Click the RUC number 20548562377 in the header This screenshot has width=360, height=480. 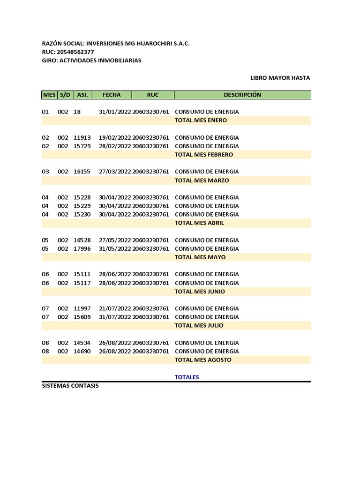coord(75,52)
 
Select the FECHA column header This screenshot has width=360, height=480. coord(112,95)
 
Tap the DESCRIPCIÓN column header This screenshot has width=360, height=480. coord(242,95)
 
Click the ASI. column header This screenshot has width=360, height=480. coord(82,95)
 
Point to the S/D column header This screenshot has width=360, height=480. coord(65,95)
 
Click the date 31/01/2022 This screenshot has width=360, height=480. coord(115,112)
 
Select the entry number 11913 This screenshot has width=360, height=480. coord(82,138)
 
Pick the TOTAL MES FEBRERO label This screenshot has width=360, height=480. coord(203,155)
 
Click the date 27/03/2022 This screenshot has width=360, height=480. coord(115,172)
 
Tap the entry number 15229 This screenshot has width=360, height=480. coord(82,206)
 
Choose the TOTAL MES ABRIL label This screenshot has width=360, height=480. coord(199,223)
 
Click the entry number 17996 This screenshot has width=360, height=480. coord(82,249)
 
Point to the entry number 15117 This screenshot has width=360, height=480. coord(82,283)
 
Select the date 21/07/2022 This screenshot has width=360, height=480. coord(115,308)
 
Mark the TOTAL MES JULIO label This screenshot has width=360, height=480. coord(199,326)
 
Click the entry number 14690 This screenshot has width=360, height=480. coord(82,352)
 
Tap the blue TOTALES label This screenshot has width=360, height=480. coord(187,377)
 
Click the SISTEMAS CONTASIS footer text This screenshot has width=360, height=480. coord(70,386)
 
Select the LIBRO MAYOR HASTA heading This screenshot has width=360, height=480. coord(280,78)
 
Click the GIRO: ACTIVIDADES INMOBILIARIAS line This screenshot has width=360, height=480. coord(91,60)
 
